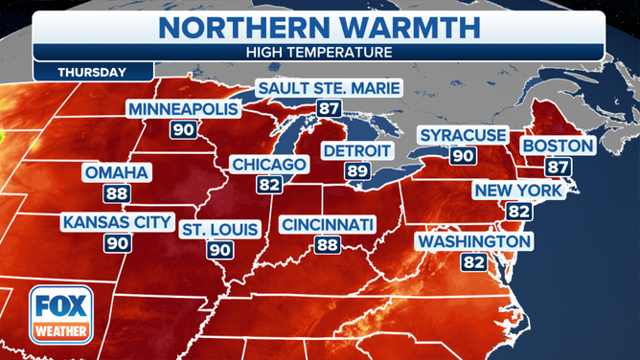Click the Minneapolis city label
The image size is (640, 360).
point(183,108)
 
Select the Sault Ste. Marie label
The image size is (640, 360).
point(329,90)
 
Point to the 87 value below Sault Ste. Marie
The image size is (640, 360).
point(329,108)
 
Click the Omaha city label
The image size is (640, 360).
point(117,173)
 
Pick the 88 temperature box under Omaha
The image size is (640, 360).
point(117,193)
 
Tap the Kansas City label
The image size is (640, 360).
point(117,223)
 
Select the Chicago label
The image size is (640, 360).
point(268,165)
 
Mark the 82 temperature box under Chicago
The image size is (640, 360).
point(268,185)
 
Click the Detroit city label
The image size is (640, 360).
point(356,151)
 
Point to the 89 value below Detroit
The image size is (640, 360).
point(356,171)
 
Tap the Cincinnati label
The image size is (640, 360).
point(327,225)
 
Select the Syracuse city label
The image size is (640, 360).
point(463,135)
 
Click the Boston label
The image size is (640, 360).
point(558,146)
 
